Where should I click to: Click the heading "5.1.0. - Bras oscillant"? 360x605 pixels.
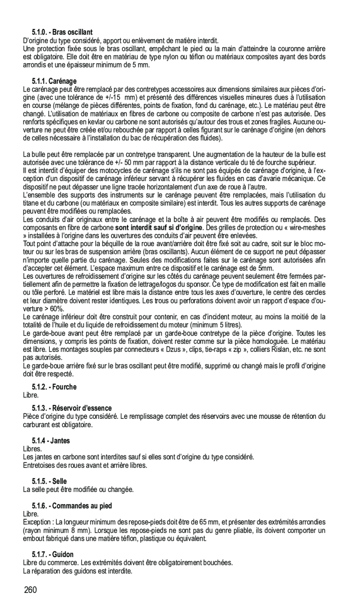coord(62,33)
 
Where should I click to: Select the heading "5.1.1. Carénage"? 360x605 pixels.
coord(54,81)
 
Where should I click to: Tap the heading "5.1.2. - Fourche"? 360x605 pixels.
coord(54,387)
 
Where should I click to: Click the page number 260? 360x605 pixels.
coord(31,591)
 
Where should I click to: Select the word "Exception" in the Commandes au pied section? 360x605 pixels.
coord(37,522)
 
